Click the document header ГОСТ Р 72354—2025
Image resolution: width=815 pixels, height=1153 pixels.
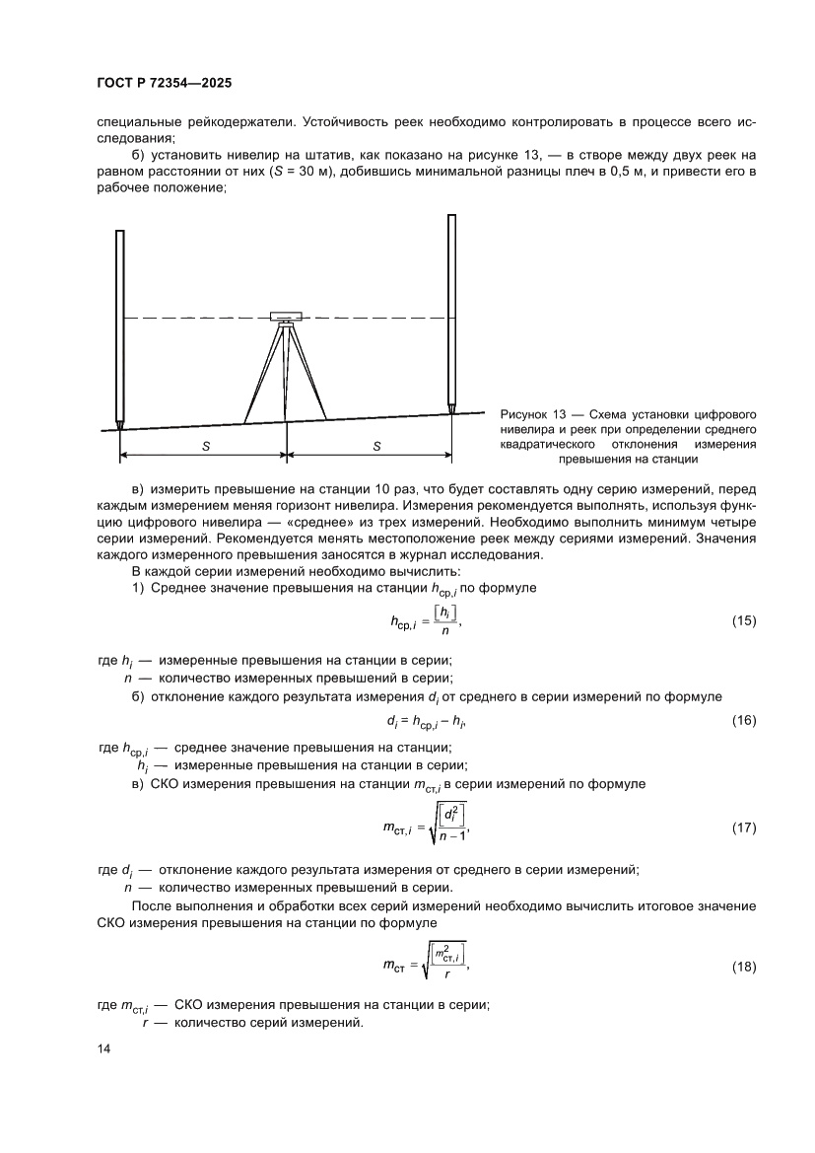[x=165, y=85]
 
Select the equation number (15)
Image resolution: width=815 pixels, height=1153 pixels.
[x=744, y=623]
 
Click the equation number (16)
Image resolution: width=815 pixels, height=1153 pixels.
[x=744, y=721]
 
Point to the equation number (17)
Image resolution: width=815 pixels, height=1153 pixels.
[x=744, y=827]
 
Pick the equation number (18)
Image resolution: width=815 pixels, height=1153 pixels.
[x=744, y=966]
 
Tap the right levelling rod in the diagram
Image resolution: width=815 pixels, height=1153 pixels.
[x=451, y=311]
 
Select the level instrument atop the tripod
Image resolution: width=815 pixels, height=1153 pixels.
[x=286, y=316]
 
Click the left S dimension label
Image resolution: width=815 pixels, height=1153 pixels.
[x=206, y=446]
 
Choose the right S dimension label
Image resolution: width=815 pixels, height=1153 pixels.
[x=377, y=446]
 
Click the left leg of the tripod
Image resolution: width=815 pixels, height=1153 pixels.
[x=261, y=375]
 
